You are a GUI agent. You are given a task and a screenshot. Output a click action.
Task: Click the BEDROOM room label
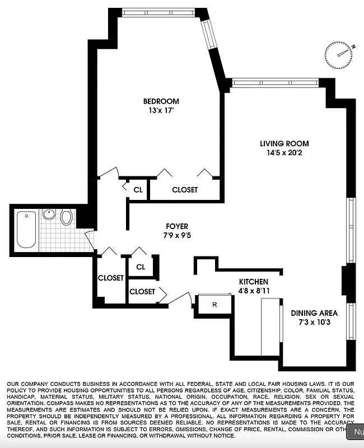(x=161, y=101)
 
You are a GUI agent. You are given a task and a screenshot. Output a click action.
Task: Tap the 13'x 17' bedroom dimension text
(x=161, y=111)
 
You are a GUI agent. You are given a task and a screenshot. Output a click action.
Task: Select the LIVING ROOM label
(x=284, y=144)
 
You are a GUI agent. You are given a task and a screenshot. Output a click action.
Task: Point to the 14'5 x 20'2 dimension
(x=284, y=153)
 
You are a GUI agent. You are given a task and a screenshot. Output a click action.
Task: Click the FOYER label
(x=177, y=226)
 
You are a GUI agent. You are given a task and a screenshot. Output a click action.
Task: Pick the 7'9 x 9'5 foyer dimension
(x=177, y=236)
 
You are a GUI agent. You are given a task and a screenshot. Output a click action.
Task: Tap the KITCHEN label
(x=254, y=281)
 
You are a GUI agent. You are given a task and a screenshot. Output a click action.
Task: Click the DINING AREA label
(x=314, y=313)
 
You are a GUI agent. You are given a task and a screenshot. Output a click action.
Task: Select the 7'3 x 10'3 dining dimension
(x=314, y=323)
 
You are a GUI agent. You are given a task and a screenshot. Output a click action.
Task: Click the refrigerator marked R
(x=214, y=305)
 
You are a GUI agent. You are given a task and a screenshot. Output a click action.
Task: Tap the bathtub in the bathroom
(x=26, y=230)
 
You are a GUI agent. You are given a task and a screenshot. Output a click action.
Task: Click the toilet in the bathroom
(x=67, y=217)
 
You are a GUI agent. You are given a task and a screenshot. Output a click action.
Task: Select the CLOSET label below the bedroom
(x=185, y=190)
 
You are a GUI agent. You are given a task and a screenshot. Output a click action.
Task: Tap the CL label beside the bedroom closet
(x=138, y=190)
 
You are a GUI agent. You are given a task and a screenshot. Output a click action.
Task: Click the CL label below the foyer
(x=140, y=267)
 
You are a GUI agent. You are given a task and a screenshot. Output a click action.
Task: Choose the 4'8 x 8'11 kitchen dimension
(x=254, y=291)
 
